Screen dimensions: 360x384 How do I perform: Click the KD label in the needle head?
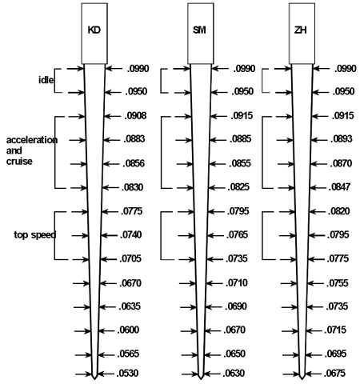(94, 30)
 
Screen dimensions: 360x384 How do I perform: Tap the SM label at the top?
(199, 30)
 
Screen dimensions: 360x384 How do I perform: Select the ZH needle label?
(300, 30)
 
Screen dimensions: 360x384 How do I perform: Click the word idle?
(46, 80)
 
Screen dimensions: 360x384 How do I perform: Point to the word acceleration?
(32, 140)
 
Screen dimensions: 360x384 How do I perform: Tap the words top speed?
(34, 234)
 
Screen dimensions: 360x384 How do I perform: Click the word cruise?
(19, 162)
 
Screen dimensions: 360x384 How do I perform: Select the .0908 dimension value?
(135, 116)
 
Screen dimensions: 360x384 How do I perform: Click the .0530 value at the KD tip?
(127, 373)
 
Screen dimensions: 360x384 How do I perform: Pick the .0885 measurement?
(241, 139)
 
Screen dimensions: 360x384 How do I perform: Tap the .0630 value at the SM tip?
(234, 373)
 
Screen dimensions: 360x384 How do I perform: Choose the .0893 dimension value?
(342, 139)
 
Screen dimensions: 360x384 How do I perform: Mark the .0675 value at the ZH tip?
(334, 373)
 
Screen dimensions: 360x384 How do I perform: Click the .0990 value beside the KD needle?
(138, 69)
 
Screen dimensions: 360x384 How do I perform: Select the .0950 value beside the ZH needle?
(343, 91)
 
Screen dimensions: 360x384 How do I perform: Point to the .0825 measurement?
(238, 187)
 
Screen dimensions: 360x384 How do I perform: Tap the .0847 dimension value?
(339, 187)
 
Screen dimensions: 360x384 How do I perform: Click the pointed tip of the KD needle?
(94, 379)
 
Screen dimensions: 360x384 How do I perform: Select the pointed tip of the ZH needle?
(302, 379)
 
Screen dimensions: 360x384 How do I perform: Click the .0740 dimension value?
(131, 235)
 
